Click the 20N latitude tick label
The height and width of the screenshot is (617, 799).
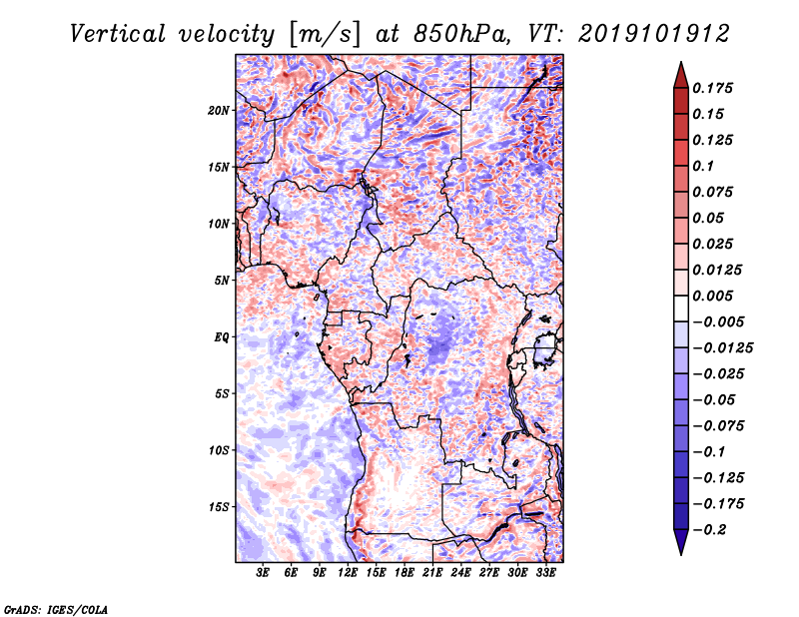(219, 110)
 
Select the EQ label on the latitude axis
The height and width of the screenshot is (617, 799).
(221, 337)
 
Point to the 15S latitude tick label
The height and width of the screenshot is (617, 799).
(219, 507)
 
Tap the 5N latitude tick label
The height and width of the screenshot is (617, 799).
(221, 281)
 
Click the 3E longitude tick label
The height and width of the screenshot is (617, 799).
(264, 574)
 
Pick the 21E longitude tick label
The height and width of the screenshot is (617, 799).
(433, 574)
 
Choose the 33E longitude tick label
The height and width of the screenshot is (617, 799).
(546, 574)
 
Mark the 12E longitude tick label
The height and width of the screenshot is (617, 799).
(349, 574)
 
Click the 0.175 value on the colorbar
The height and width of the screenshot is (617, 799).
(714, 88)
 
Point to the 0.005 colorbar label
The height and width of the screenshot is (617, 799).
(714, 296)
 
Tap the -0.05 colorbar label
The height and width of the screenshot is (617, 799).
(715, 399)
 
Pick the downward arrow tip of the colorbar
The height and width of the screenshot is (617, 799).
(680, 552)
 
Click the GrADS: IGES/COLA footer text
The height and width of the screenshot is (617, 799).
(56, 608)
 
